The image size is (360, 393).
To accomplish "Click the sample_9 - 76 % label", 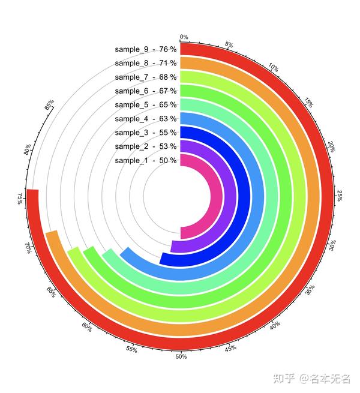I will tap(146, 49).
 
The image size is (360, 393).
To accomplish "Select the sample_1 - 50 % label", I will tap(146, 160).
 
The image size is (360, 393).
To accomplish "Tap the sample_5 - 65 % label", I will tap(146, 104).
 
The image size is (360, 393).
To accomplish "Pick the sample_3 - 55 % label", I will tap(146, 133).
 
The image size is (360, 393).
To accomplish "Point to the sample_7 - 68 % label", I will tap(146, 77).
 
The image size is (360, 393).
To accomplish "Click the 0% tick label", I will tap(184, 37).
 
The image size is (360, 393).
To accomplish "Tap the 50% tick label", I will tap(181, 356).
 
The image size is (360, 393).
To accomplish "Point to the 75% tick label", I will tap(22, 199).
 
